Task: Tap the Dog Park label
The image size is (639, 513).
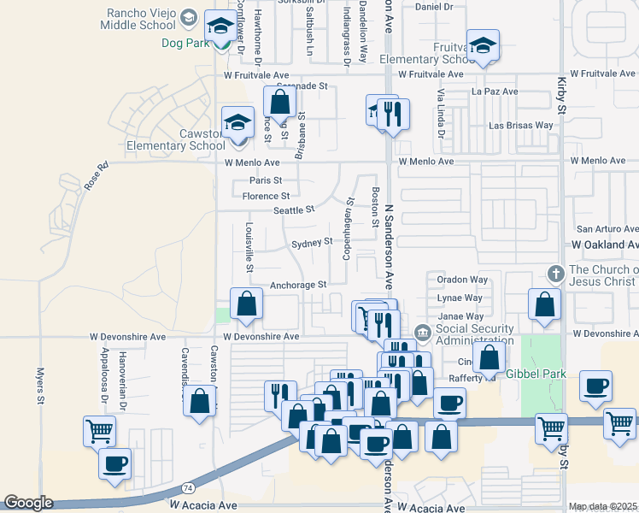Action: [186, 40]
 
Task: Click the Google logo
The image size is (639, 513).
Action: [27, 503]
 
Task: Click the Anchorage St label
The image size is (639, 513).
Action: [298, 285]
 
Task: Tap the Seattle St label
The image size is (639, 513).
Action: [294, 209]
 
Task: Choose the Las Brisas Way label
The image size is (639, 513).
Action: [521, 126]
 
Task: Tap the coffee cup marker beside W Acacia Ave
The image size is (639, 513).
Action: [114, 463]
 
